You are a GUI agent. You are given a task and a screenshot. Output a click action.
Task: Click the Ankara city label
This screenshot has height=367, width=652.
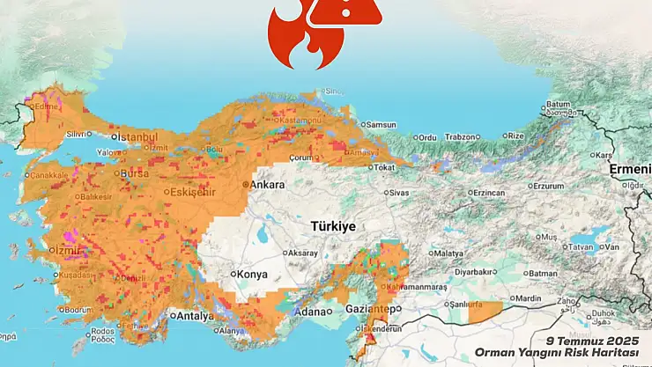[x=268, y=185]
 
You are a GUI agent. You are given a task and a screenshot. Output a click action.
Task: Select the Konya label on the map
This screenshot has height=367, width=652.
[x=252, y=275]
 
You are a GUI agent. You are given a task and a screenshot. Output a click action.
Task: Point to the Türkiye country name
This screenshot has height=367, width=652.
[x=333, y=226]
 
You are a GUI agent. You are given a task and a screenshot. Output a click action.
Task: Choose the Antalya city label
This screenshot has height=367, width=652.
[x=195, y=316]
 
